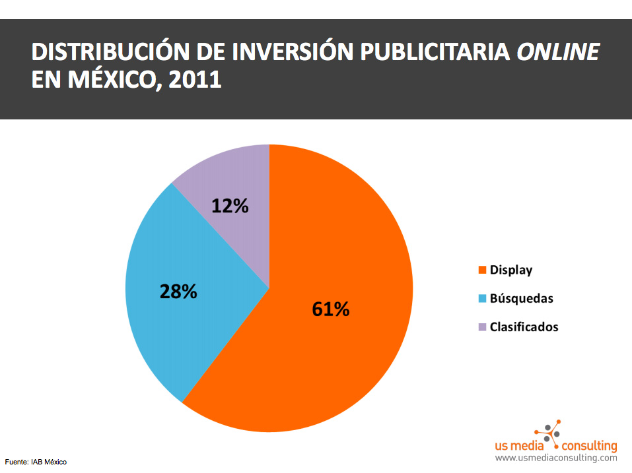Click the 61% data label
click(x=330, y=309)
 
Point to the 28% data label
click(x=178, y=291)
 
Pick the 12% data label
click(x=230, y=206)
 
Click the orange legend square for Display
click(x=482, y=270)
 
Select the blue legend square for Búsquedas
click(x=482, y=298)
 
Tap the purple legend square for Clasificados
click(x=482, y=327)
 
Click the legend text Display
click(x=511, y=270)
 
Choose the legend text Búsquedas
click(x=522, y=298)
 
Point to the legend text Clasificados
click(x=524, y=327)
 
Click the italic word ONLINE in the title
click(x=558, y=52)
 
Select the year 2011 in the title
click(x=195, y=80)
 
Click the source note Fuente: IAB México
click(x=36, y=462)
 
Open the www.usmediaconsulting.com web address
click(x=556, y=458)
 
